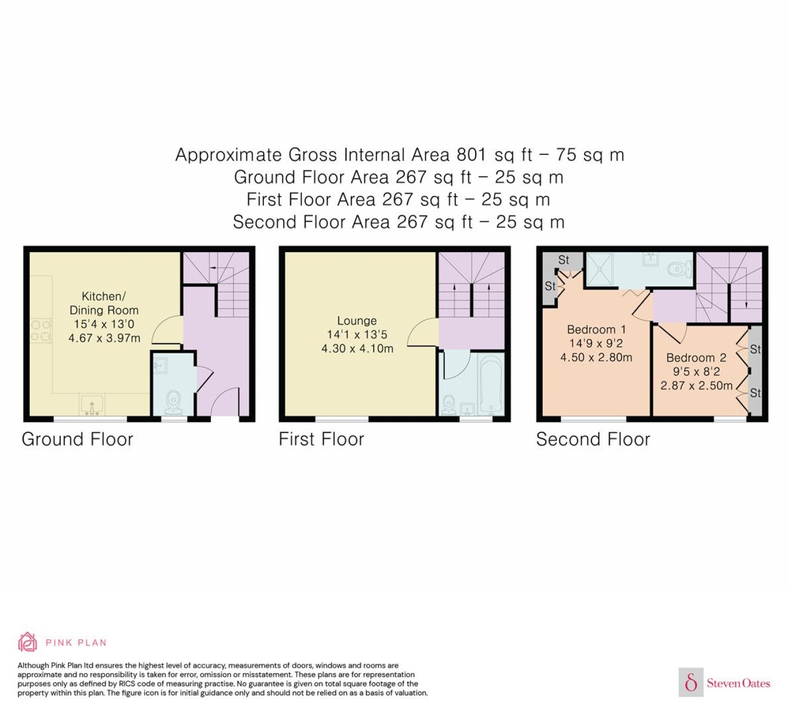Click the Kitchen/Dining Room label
[x=104, y=303]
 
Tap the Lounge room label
[x=357, y=321]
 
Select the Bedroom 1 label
[x=596, y=329]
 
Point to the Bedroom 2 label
[x=696, y=357]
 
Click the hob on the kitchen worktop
[x=41, y=330]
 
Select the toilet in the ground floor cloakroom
[x=173, y=402]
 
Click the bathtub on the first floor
[x=490, y=383]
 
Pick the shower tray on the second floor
[x=599, y=269]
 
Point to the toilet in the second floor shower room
[x=679, y=269]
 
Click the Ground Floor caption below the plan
[x=77, y=439]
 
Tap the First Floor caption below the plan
[x=321, y=439]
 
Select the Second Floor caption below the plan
[x=593, y=439]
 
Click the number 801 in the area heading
[x=471, y=154]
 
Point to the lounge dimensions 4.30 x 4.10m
[x=357, y=348]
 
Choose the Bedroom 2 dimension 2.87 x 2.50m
[x=696, y=386]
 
